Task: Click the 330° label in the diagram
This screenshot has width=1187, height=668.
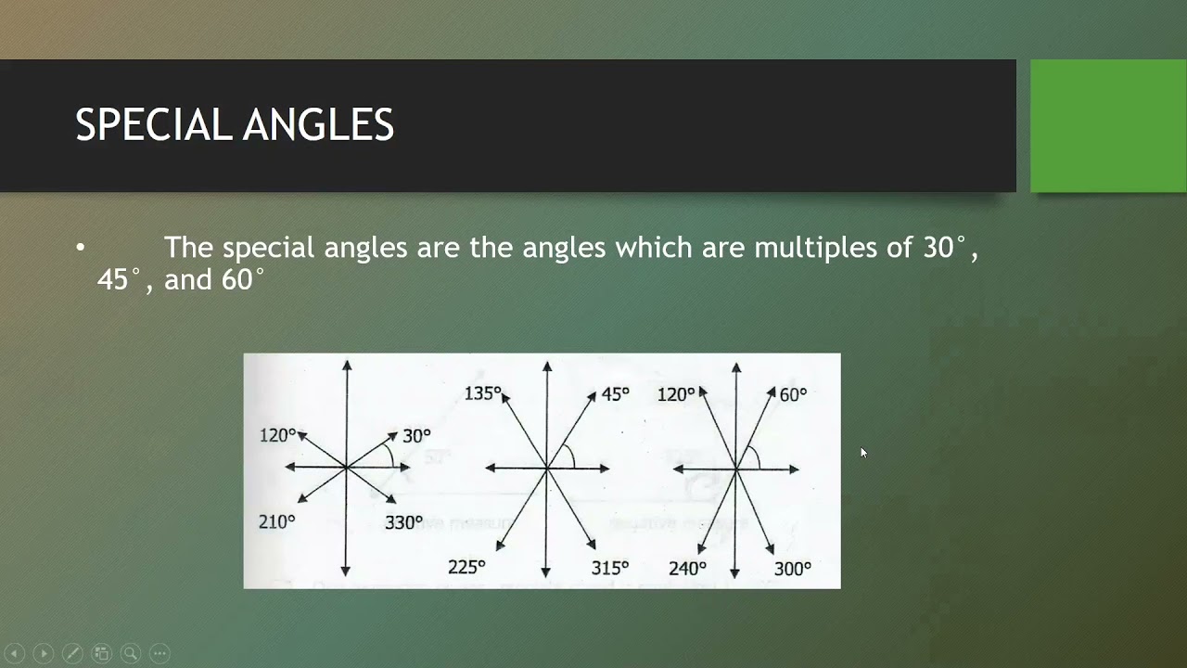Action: coord(403,523)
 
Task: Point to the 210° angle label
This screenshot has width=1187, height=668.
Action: coord(276,522)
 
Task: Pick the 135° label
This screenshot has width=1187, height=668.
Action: coord(482,393)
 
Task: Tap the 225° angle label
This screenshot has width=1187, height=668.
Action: coord(466,567)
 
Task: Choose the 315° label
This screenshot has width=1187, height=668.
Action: coord(610,567)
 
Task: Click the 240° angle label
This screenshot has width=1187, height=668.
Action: coord(687,568)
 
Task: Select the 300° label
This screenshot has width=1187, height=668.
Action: coord(793,568)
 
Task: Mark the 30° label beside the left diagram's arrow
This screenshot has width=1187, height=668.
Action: coord(416,435)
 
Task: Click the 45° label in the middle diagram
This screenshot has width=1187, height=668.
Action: coord(615,394)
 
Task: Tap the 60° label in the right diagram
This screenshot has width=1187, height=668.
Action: coord(793,394)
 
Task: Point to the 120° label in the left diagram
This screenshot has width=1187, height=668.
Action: coord(277,434)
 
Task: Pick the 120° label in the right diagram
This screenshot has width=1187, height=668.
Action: coord(675,394)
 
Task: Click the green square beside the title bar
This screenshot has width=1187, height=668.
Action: coord(1108,126)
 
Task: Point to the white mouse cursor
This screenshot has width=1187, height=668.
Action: coord(863,453)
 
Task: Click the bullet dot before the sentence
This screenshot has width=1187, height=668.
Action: coord(80,248)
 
